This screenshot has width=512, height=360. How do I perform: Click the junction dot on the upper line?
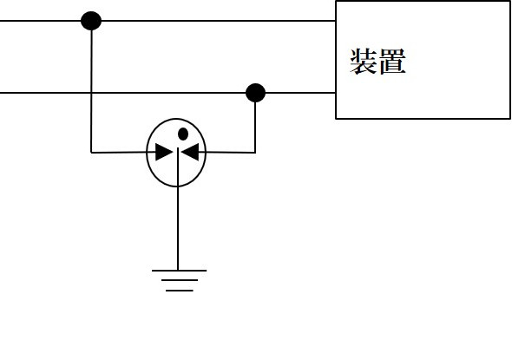point(91,21)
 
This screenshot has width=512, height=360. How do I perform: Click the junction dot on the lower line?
point(255,93)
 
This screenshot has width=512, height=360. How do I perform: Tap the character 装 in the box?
point(364,62)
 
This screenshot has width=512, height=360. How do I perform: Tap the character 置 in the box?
point(392,62)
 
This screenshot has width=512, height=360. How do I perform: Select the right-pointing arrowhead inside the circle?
point(164,152)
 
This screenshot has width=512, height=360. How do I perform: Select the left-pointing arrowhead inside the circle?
point(190,152)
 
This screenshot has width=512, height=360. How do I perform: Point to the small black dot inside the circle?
point(183,134)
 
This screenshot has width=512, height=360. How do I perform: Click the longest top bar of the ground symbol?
point(179,271)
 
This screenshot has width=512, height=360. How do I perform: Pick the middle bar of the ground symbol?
point(180,280)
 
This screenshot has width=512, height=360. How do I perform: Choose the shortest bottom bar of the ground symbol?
point(180,290)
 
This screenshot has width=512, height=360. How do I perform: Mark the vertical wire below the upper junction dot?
point(91,91)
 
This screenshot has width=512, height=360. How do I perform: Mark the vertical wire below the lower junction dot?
point(255,128)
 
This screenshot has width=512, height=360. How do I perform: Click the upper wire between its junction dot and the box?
point(219,21)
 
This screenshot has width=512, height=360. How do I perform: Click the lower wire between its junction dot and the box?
point(300,93)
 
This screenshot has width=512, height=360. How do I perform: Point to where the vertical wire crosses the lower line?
point(91,93)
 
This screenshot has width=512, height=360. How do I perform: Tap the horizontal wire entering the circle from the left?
point(119,152)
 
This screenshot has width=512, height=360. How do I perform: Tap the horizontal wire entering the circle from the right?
point(230,152)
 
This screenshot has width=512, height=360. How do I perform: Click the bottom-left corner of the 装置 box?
point(336,119)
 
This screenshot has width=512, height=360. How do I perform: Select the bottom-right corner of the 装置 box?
point(510,119)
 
